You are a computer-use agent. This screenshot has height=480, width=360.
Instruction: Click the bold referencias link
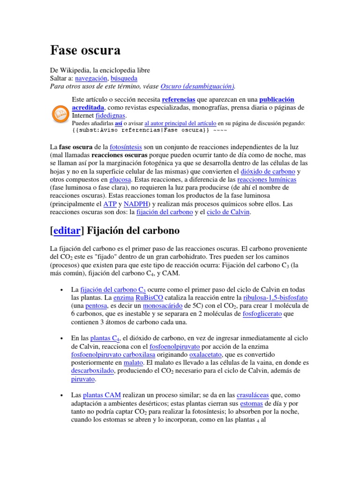click(179, 99)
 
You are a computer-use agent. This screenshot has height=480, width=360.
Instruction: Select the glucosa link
click(120, 180)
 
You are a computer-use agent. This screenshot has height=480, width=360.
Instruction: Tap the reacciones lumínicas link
click(267, 180)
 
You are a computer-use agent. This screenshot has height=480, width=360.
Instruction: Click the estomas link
click(251, 403)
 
